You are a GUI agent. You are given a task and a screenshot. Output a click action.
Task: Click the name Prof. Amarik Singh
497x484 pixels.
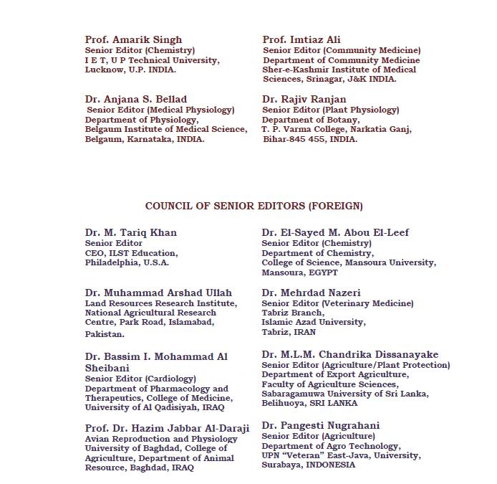(x=133, y=39)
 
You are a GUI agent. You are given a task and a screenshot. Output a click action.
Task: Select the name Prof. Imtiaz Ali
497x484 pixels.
(x=301, y=39)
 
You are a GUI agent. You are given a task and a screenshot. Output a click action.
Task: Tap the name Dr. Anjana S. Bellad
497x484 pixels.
(x=135, y=99)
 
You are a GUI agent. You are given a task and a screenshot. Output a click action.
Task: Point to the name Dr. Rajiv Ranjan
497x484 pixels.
(x=304, y=99)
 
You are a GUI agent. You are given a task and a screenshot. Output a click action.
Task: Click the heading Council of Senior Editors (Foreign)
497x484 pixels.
(x=254, y=207)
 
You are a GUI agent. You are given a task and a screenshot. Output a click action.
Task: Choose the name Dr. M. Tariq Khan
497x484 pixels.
(x=130, y=232)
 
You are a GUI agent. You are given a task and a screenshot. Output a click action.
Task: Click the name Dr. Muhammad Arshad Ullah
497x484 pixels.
(x=158, y=293)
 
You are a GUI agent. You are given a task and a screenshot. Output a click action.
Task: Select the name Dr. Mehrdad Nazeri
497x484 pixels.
(x=311, y=293)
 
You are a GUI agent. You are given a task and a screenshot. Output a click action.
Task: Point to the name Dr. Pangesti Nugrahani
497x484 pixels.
(x=321, y=425)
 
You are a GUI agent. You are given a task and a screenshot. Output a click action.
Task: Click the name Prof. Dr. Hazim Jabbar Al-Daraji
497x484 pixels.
(x=167, y=428)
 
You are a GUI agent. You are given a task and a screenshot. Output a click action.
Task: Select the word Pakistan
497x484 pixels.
(x=105, y=334)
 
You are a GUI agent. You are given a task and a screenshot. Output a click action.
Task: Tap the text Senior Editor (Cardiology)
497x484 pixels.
(x=140, y=378)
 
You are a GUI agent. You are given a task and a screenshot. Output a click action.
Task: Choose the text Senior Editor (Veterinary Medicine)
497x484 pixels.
(x=337, y=303)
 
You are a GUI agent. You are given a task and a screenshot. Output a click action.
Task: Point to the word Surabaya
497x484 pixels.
(x=281, y=465)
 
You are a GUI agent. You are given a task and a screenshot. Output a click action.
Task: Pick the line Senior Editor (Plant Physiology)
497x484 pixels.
(x=330, y=110)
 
